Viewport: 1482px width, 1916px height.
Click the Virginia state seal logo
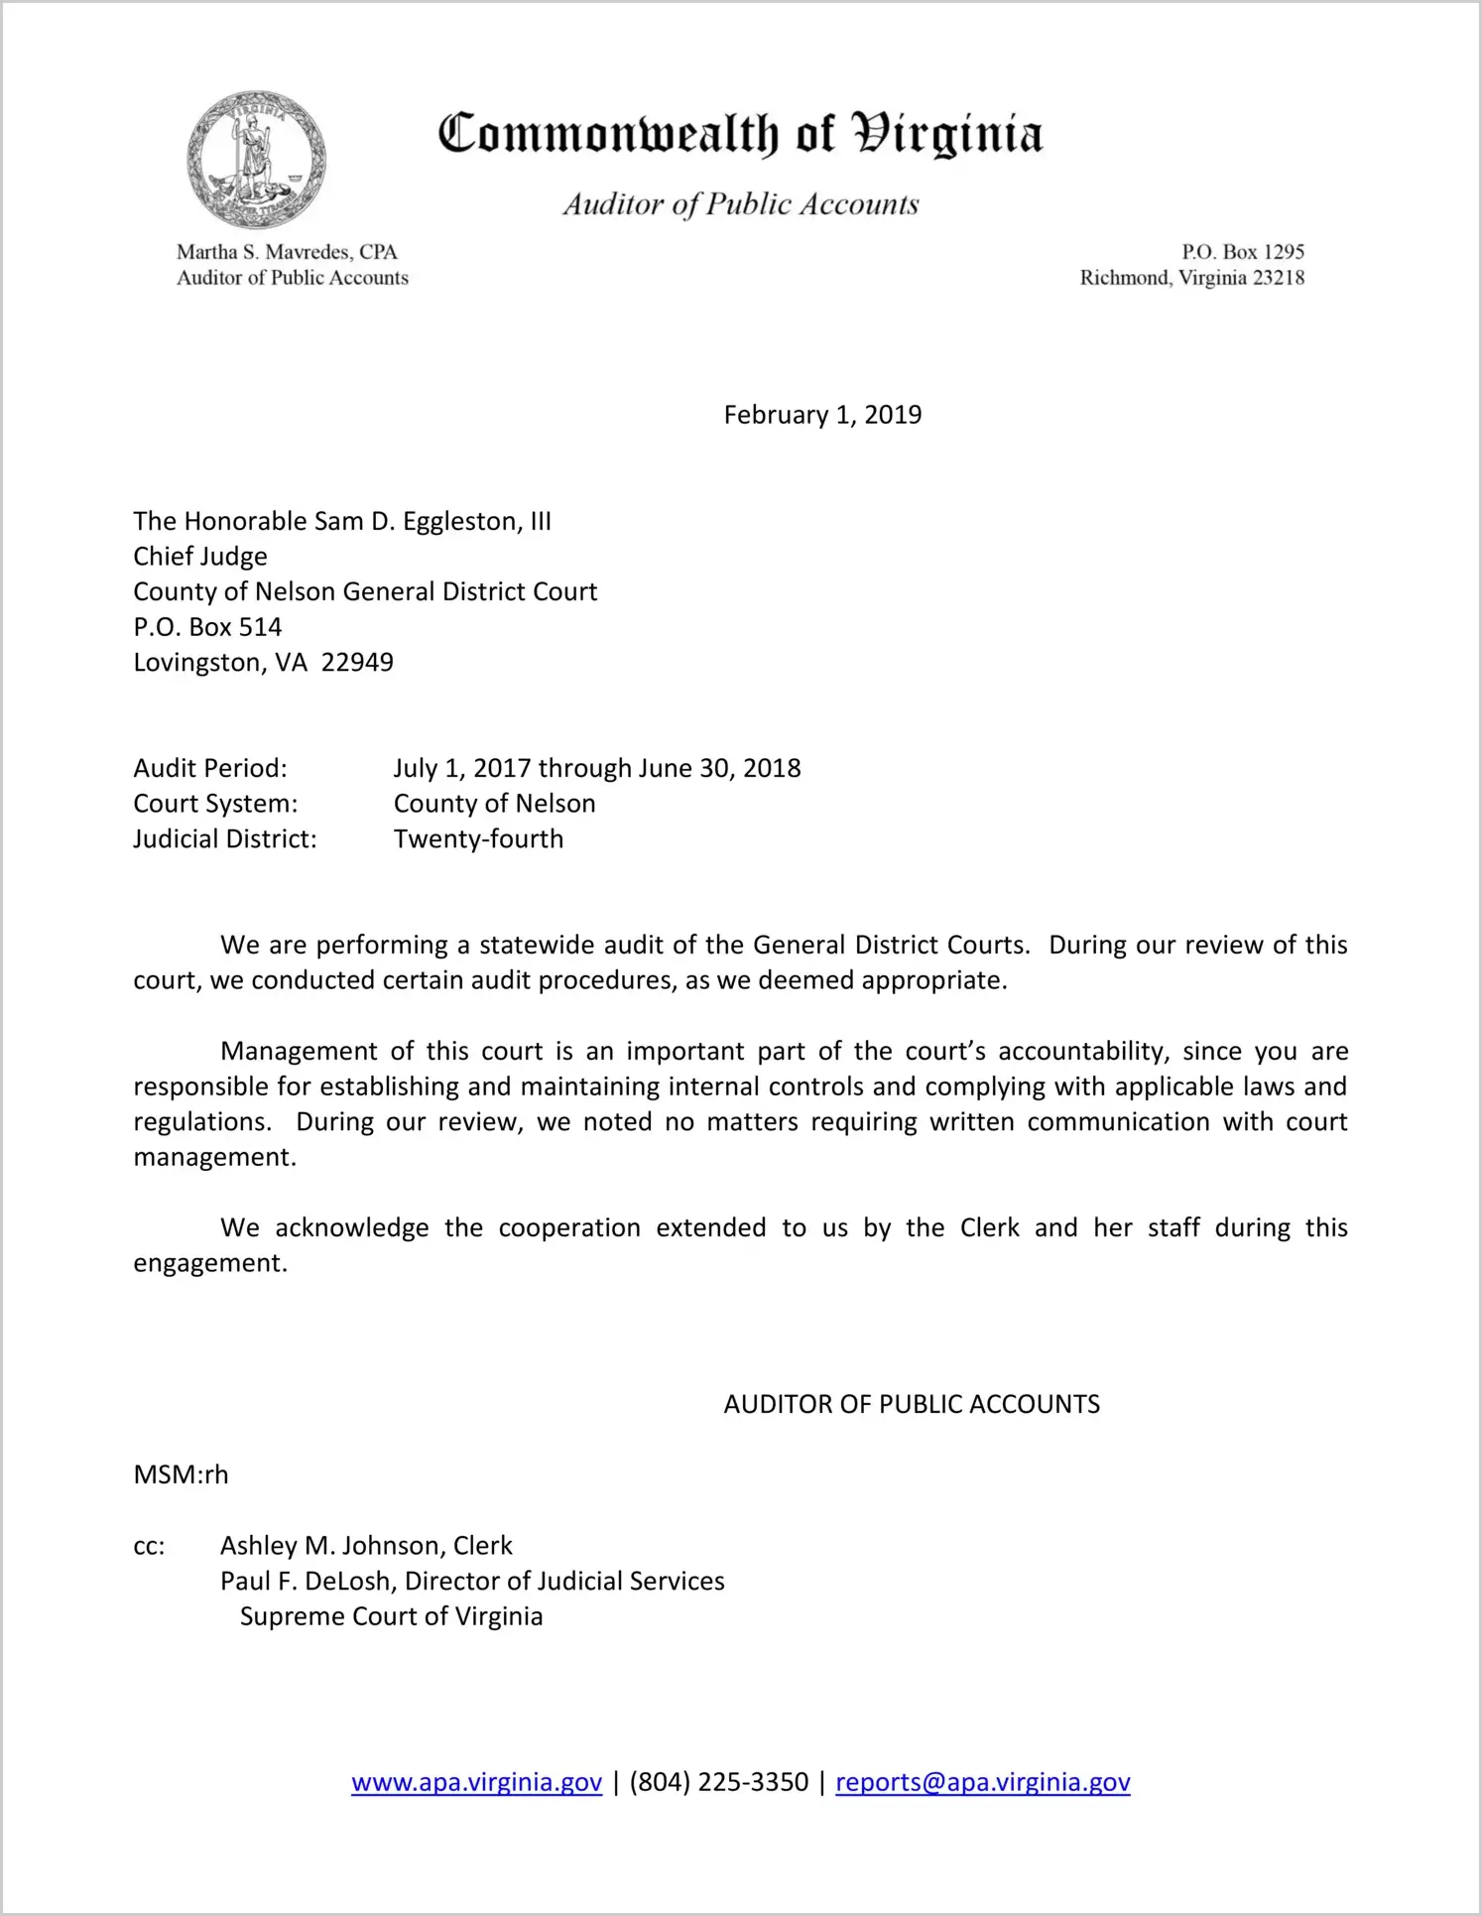tap(256, 161)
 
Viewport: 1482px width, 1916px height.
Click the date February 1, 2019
tap(822, 415)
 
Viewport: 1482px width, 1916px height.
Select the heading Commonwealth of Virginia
tap(740, 134)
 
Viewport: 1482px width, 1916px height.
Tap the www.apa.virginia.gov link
tap(476, 1782)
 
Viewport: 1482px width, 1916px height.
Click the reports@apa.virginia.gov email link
tap(982, 1782)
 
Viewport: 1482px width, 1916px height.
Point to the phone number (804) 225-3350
tap(718, 1782)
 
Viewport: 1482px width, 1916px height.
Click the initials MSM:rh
tap(181, 1474)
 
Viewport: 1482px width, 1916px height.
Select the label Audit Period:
tap(210, 768)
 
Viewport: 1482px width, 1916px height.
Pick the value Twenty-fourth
tap(478, 839)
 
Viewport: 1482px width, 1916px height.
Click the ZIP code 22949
tap(357, 662)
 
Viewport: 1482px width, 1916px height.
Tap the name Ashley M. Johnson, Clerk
tap(366, 1546)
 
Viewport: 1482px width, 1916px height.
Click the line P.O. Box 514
tap(207, 627)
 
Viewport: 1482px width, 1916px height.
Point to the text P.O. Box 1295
tap(1242, 252)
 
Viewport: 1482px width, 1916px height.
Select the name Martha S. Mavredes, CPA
tap(287, 252)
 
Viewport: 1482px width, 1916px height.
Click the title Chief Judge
tap(200, 557)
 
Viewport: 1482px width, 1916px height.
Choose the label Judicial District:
tap(225, 839)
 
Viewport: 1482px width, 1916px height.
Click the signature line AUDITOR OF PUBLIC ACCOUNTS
tap(912, 1404)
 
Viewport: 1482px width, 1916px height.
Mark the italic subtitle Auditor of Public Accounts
tap(741, 204)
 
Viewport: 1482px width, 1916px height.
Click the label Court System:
tap(215, 804)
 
